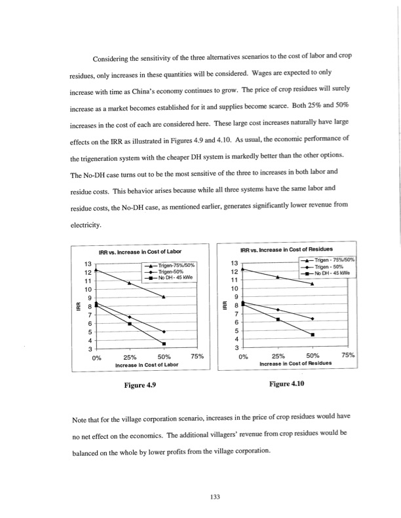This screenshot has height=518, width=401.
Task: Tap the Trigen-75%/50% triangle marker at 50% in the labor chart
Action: (164, 297)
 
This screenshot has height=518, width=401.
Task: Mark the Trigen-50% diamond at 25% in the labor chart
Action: (130, 317)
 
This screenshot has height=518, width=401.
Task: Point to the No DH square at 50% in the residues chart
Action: (313, 334)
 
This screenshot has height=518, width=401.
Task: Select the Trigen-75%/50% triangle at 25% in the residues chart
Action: (278, 277)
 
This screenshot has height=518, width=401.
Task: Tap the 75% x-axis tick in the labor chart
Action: (198, 357)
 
